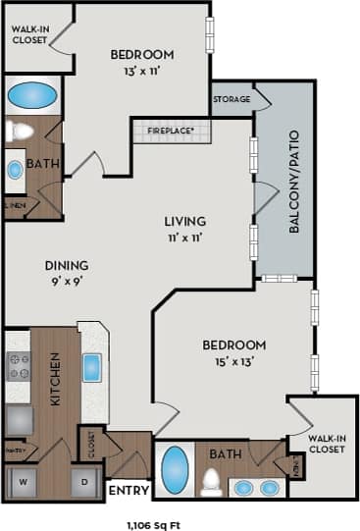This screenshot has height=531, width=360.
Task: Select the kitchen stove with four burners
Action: point(19,366)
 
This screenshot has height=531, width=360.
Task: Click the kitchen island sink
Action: point(92,367)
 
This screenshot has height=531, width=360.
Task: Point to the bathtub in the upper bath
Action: point(32,95)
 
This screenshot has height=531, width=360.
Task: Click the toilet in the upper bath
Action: point(19,132)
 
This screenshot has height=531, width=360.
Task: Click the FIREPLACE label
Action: point(170,130)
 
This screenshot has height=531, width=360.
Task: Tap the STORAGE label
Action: point(231,99)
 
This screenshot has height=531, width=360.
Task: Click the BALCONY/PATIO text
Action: point(293,181)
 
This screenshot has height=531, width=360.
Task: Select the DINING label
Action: point(67,265)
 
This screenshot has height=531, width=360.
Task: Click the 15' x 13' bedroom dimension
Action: point(233,361)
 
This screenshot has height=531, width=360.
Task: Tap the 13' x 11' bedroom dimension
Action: point(141,72)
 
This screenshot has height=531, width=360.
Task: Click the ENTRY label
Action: point(128,490)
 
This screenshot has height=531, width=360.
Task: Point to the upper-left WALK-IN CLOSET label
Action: point(28,35)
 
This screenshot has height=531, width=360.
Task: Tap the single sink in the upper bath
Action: point(16,170)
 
